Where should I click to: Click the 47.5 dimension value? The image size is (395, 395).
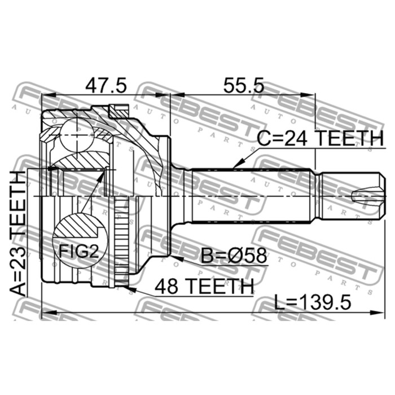point(106,85)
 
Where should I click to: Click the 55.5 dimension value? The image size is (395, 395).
point(244,85)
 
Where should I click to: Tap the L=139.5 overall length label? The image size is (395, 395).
point(313,302)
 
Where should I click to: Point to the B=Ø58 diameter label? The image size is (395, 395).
point(234,256)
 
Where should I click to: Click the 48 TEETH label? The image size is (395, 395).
point(204,287)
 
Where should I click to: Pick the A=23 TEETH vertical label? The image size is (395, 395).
point(18,233)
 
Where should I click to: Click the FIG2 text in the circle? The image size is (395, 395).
point(78,251)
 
